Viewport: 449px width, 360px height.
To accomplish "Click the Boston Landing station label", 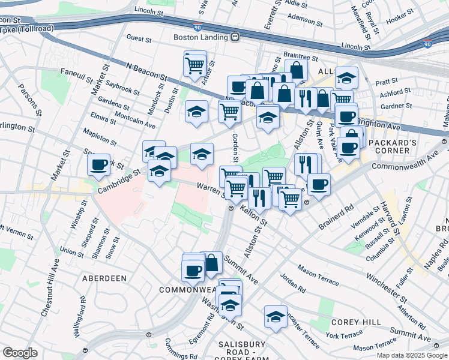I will pos(201,37).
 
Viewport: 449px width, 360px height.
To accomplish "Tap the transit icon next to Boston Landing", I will pos(235,37).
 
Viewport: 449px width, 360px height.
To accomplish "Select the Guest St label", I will pos(139,38).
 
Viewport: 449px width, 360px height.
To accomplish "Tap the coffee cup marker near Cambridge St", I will pos(98,165).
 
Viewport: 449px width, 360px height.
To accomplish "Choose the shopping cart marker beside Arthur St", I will pos(194,64).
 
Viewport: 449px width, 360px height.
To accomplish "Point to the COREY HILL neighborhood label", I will pos(357,322).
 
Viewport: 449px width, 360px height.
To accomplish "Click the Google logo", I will pos(20,353).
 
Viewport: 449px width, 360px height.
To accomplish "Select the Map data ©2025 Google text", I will pos(412,355).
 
